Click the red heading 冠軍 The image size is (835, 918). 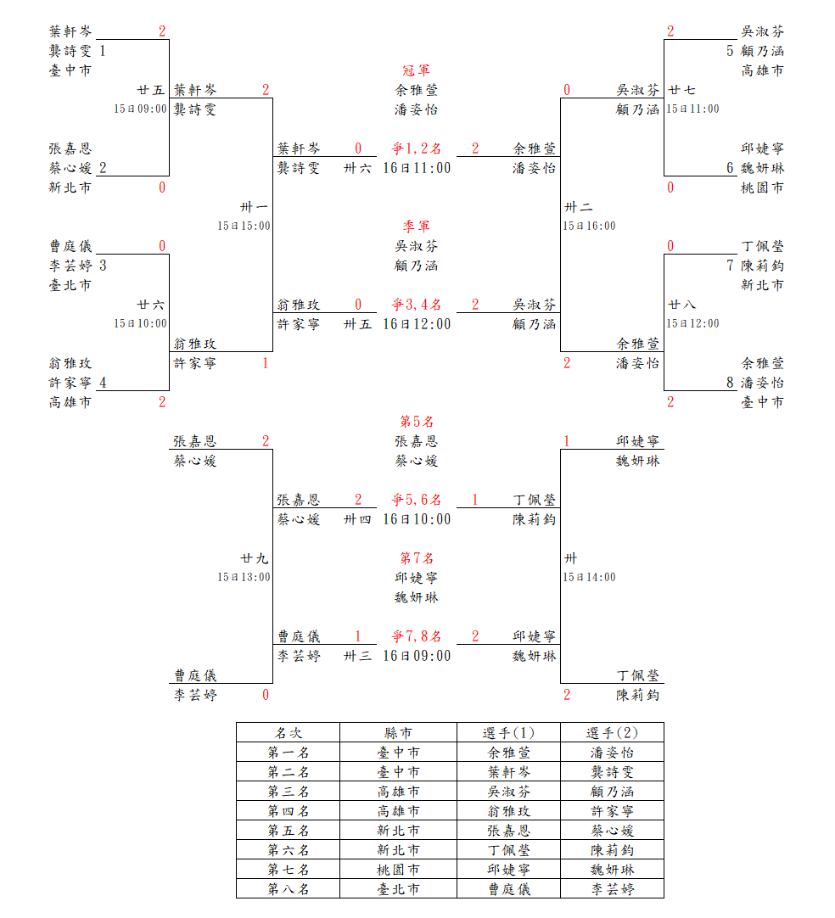416,70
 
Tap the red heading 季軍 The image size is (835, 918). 416,227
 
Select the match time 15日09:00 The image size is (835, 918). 141,109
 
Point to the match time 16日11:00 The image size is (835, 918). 417,168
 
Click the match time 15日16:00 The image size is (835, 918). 589,226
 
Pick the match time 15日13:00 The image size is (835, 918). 244,577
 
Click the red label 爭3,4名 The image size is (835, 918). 416,305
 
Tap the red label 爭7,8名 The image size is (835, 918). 416,636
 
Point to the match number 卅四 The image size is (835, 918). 357,519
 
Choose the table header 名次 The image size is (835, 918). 288,732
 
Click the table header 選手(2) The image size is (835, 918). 612,732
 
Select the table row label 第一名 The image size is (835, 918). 288,753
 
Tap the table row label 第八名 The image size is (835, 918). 288,889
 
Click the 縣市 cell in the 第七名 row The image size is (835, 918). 398,870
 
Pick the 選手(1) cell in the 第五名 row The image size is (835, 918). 509,831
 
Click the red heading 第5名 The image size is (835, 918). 417,422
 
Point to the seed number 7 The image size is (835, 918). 730,266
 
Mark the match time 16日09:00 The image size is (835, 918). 417,656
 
